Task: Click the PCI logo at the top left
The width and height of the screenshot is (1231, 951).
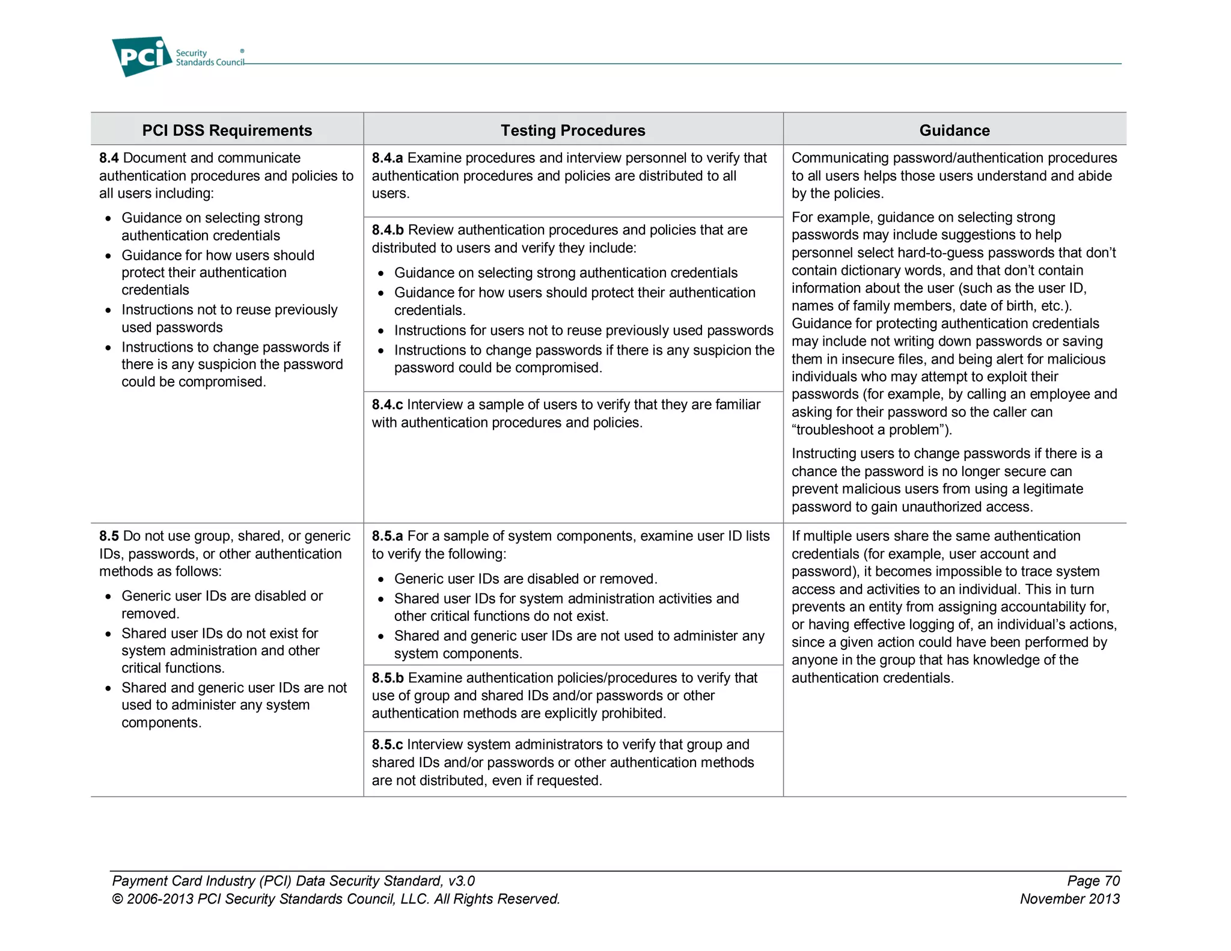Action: pos(142,57)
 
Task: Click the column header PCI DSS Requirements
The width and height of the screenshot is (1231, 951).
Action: pos(227,130)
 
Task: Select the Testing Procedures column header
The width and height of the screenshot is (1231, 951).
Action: pos(573,130)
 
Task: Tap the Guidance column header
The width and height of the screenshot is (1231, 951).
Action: pos(954,130)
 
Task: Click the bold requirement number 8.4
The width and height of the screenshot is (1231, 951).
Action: pos(109,158)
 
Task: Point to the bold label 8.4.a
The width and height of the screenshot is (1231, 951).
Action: pos(387,158)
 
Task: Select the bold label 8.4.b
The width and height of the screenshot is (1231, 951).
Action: pos(388,230)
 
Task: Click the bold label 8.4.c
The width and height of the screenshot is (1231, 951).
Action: pos(387,405)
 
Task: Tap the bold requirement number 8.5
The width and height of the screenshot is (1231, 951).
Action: pos(109,536)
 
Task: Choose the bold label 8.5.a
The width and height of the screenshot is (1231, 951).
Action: pos(387,536)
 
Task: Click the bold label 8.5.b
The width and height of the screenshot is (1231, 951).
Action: pos(388,678)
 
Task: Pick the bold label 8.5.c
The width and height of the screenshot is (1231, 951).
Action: pos(387,745)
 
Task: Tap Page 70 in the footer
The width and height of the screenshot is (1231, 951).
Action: pos(1093,881)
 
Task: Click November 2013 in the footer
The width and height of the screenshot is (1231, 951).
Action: pos(1069,899)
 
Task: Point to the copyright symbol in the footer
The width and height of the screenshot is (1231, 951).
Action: pos(117,899)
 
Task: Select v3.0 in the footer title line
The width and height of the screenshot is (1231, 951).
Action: pos(461,881)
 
